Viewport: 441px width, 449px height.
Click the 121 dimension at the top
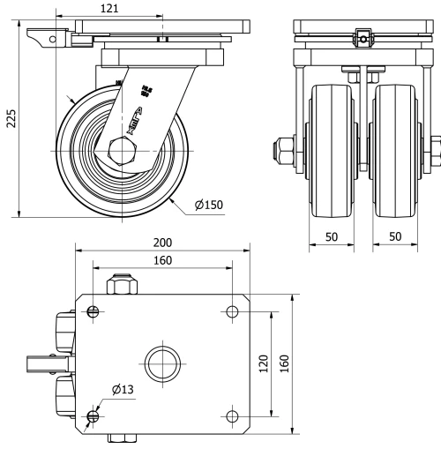[106, 7]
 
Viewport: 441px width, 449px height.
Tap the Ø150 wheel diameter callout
[208, 205]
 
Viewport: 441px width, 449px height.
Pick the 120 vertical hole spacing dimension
[264, 363]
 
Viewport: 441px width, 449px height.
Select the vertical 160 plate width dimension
[285, 363]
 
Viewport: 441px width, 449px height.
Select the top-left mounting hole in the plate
[93, 311]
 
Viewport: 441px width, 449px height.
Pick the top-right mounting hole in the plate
[232, 311]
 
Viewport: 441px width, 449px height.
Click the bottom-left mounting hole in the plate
[93, 415]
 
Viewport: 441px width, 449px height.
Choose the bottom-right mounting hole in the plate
[232, 415]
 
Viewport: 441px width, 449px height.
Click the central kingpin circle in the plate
[163, 363]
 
